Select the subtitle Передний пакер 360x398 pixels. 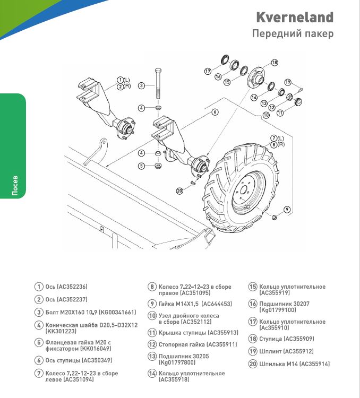coord(293,34)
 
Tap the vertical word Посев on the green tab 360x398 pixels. coord(15,184)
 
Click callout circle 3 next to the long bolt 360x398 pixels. coord(141,85)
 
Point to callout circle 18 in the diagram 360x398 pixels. coord(275,63)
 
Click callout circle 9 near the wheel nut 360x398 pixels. coord(287,210)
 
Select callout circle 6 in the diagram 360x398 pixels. coord(215,112)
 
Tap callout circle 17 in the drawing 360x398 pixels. coord(208,71)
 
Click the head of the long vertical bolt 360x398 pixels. coord(158,71)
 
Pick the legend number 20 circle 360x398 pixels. coord(253,364)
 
